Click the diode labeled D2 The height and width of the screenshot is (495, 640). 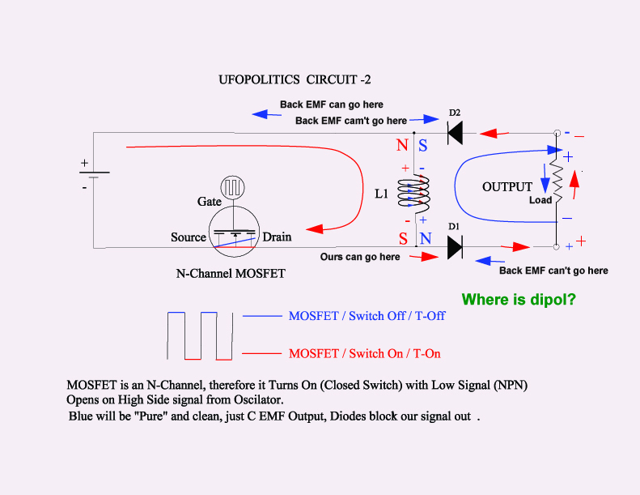click(455, 133)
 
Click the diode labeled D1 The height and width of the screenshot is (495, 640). click(455, 247)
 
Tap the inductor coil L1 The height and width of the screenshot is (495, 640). click(414, 195)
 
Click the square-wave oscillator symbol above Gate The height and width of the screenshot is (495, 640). click(233, 188)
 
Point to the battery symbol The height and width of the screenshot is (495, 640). click(95, 175)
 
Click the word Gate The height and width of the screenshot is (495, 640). click(210, 202)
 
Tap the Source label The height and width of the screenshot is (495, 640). click(189, 237)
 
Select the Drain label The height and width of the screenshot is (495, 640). click(278, 237)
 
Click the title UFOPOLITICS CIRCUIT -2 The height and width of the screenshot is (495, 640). click(295, 79)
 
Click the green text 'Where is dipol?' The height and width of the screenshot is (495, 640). click(519, 300)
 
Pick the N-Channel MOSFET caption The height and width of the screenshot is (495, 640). click(231, 274)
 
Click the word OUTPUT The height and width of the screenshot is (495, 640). click(507, 187)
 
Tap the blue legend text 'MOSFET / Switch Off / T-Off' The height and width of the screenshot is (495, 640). click(367, 316)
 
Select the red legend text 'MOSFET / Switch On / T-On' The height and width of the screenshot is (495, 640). click(364, 353)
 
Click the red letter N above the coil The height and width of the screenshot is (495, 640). click(402, 145)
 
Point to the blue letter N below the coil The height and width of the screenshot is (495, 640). click(426, 238)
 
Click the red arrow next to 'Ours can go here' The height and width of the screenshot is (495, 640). click(424, 257)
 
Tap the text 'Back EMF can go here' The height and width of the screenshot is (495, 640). click(332, 105)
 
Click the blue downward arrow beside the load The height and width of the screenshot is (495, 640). click(545, 178)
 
